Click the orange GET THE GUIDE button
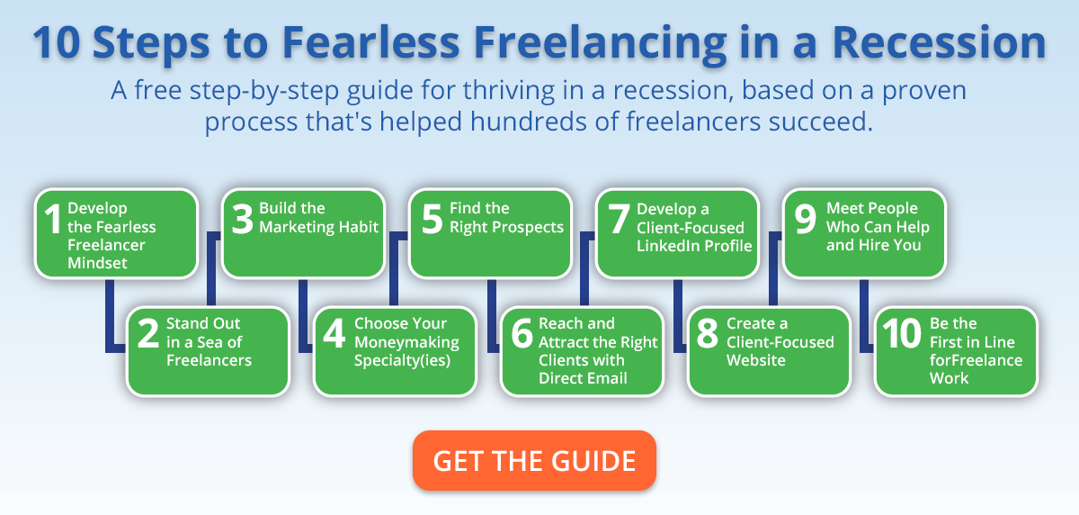click(x=534, y=460)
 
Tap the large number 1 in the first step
click(x=52, y=219)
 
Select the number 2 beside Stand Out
click(x=147, y=333)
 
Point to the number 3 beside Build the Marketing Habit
click(x=242, y=219)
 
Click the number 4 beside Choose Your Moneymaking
click(x=334, y=333)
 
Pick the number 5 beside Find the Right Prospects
click(x=432, y=219)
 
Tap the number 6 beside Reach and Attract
click(x=522, y=333)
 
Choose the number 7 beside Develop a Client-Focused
click(x=619, y=219)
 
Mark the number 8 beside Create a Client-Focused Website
click(x=708, y=333)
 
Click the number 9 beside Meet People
click(x=806, y=219)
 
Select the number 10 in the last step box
click(x=902, y=333)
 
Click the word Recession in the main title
click(x=939, y=43)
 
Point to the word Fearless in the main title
click(x=370, y=43)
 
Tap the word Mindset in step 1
click(x=97, y=263)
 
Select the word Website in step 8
click(x=756, y=360)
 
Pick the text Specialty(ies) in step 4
click(x=402, y=361)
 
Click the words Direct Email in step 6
click(x=583, y=378)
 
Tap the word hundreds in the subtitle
click(x=529, y=121)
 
